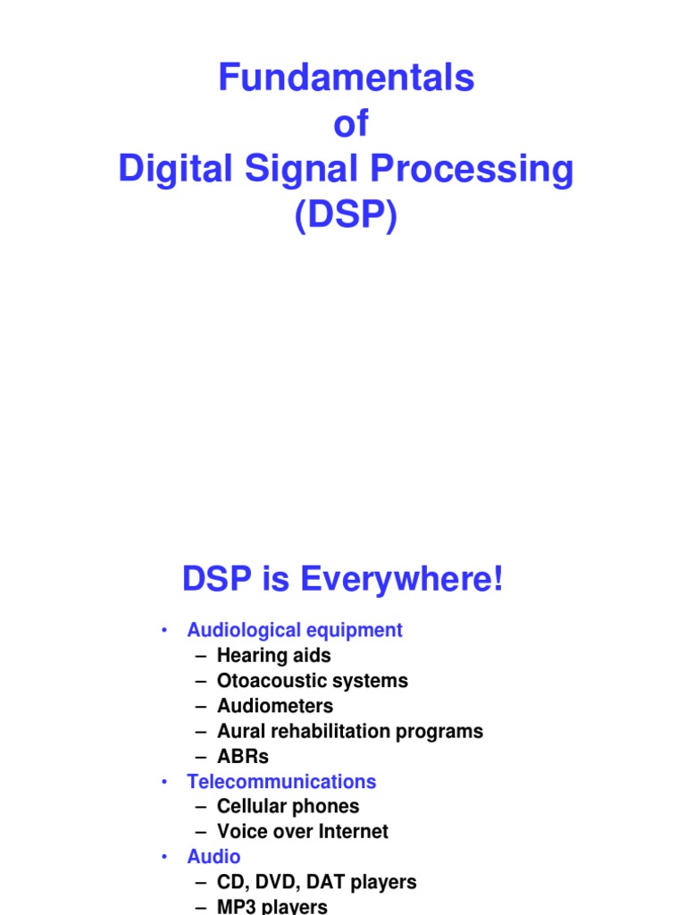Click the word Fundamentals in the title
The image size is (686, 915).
point(346,80)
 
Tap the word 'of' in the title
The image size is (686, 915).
point(350,125)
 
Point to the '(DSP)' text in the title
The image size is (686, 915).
point(347,215)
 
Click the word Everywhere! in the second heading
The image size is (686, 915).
point(402,581)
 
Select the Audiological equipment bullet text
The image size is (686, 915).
point(294,630)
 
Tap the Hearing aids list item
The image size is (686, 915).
point(273,655)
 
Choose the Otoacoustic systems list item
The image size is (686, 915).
point(312,680)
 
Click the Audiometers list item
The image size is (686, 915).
point(274,706)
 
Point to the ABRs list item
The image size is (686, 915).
point(242,756)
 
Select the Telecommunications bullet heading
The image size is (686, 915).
point(281,782)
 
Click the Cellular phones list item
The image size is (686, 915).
point(288,806)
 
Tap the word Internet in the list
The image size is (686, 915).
point(355,831)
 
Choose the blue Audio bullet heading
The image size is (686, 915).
point(213,857)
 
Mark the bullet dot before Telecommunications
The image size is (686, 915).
point(164,782)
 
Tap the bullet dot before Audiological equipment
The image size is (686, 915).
point(164,630)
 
